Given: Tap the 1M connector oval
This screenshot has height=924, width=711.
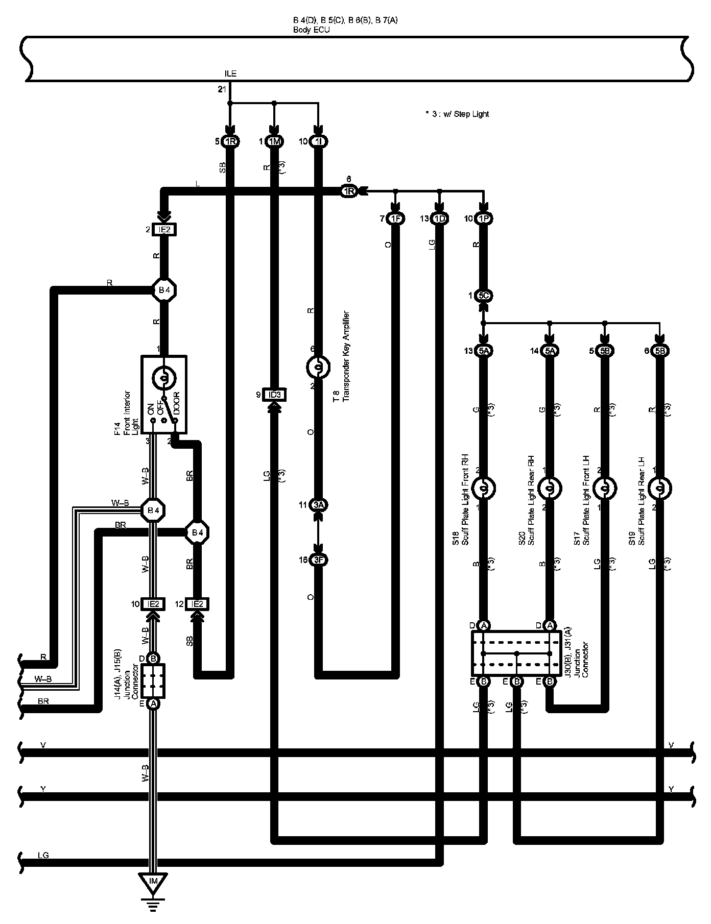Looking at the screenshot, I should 274,141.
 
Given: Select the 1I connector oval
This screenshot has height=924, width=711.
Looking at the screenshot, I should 319,141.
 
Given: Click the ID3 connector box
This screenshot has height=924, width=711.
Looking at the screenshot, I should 274,395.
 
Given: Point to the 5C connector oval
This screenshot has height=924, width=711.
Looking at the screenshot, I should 483,296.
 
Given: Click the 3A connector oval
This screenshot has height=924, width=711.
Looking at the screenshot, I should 319,505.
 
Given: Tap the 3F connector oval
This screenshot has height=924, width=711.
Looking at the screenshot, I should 319,560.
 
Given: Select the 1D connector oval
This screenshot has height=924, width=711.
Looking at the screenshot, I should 440,219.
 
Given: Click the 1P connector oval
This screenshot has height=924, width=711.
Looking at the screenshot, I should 483,219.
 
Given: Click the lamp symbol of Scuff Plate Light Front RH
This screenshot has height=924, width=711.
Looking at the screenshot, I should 483,489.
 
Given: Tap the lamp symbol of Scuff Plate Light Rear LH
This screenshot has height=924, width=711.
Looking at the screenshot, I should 659,489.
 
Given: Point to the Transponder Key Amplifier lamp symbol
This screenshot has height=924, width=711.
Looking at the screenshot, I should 319,367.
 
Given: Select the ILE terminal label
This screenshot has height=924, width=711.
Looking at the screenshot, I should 231,74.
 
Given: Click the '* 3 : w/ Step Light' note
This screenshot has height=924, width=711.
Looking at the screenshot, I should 457,114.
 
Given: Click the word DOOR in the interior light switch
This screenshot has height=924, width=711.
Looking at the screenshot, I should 177,403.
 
